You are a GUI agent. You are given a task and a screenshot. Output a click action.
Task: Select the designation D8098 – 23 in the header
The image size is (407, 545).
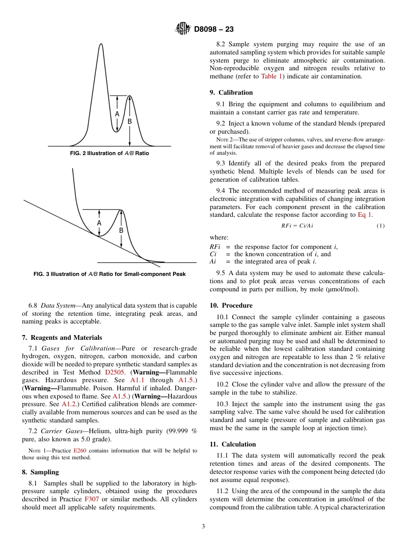(x=214, y=30)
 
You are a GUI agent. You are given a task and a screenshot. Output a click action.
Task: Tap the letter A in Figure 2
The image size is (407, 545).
(x=117, y=114)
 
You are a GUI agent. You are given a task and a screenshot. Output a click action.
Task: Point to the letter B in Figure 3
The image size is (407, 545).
(x=121, y=231)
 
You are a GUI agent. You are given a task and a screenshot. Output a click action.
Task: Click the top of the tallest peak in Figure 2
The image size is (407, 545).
(x=101, y=44)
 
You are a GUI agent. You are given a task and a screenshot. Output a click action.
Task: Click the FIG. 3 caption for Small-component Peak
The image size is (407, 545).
(x=110, y=274)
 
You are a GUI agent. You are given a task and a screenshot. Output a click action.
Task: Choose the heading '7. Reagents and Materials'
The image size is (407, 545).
(x=62, y=338)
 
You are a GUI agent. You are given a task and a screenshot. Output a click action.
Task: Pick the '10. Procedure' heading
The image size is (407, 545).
(x=231, y=305)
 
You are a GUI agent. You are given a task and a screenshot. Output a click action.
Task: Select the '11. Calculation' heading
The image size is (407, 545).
(x=233, y=444)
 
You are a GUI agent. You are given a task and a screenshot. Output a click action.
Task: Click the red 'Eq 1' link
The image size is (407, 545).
(x=365, y=215)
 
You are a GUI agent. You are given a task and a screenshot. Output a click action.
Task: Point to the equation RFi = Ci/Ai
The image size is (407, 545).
(x=297, y=226)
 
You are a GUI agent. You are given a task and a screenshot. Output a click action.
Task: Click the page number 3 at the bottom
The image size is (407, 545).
(x=203, y=527)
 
